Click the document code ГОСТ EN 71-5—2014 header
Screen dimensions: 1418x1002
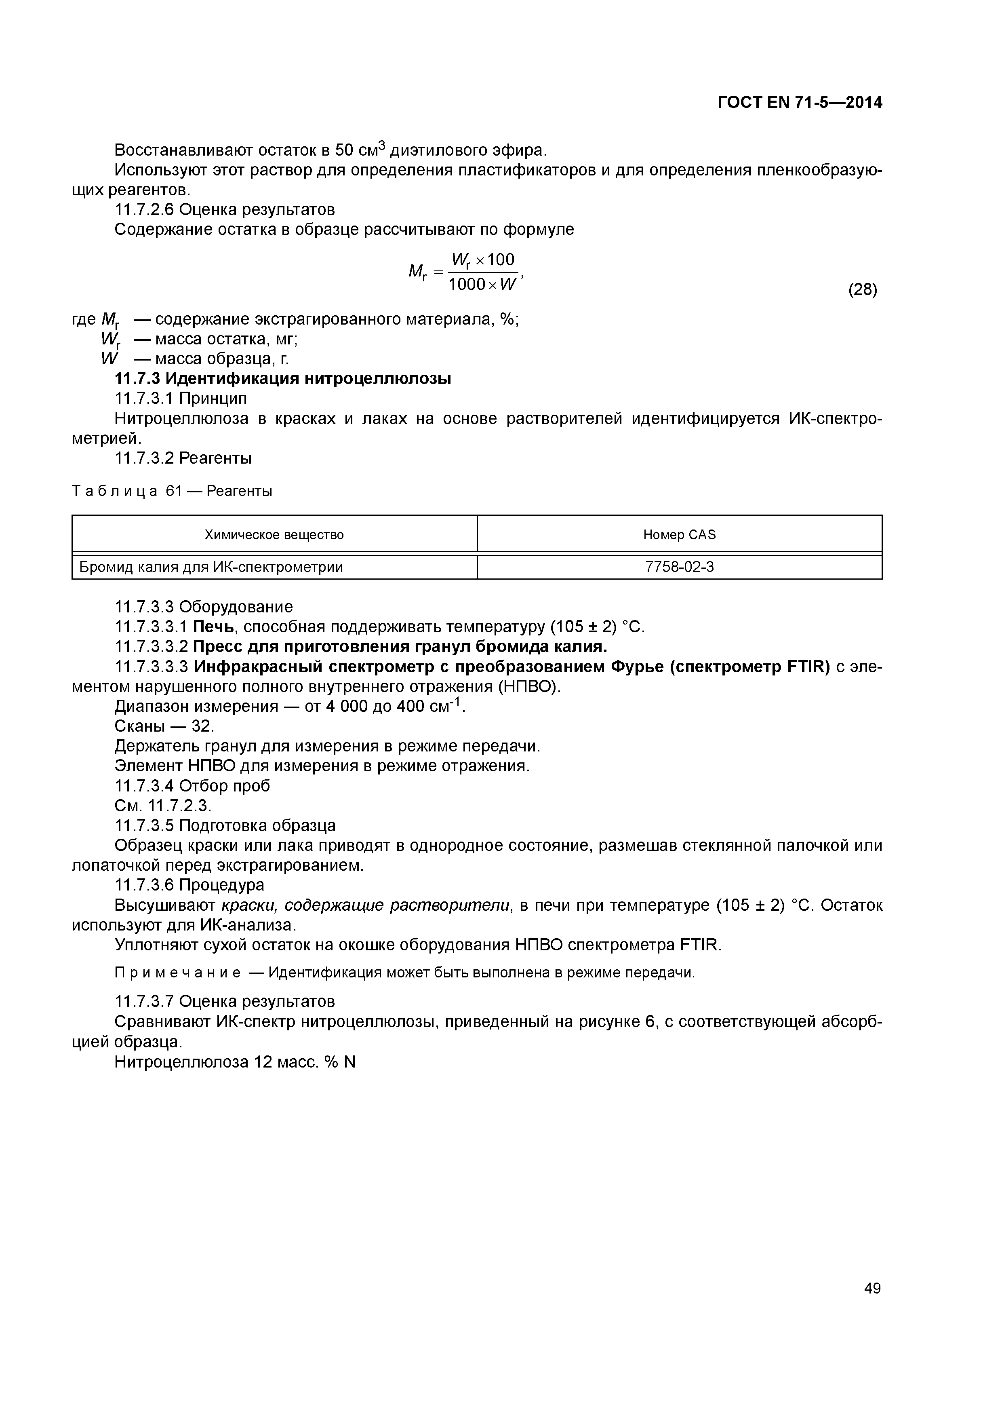tap(800, 103)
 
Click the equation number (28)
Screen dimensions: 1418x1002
tap(863, 290)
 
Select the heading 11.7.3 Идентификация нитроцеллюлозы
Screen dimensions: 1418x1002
tap(283, 379)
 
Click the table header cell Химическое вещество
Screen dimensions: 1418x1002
tap(274, 535)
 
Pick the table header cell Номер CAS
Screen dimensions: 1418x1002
tap(679, 535)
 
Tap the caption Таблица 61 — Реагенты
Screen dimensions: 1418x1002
tap(172, 491)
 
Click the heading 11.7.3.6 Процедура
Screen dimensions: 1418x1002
tap(189, 885)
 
